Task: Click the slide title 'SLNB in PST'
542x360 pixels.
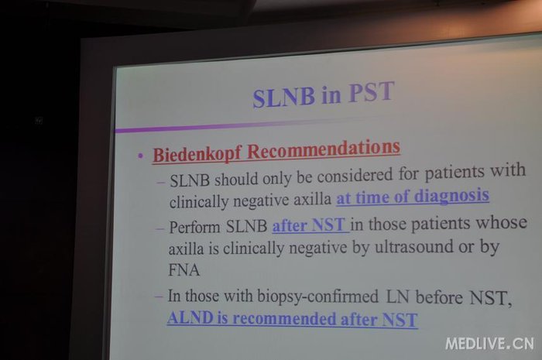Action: (x=323, y=96)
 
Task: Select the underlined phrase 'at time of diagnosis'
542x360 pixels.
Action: (x=413, y=194)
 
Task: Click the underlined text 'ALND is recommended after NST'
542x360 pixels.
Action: (x=292, y=318)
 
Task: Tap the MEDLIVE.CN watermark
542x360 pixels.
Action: (x=489, y=343)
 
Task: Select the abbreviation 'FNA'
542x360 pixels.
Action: (x=185, y=271)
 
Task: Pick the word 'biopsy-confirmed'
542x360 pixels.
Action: (x=293, y=297)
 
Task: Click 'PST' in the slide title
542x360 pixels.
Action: (x=369, y=94)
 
